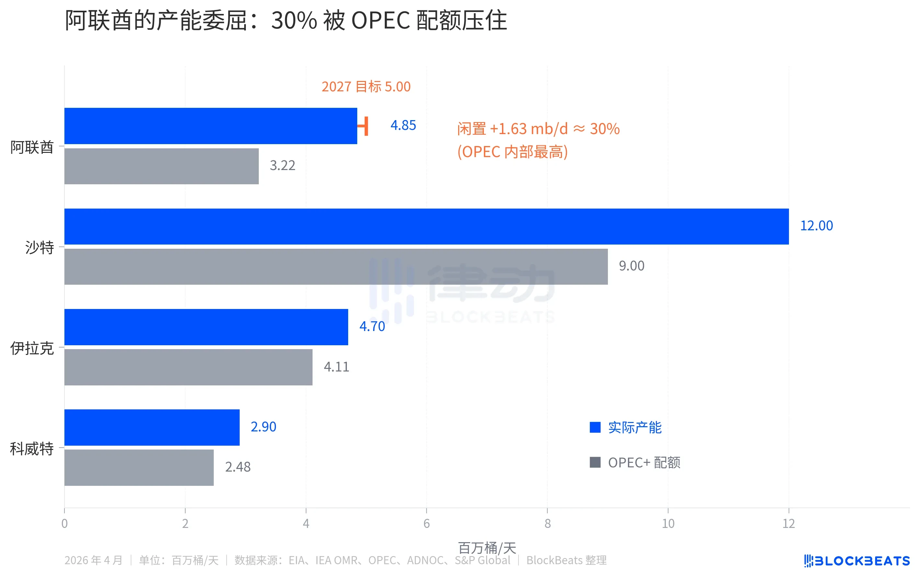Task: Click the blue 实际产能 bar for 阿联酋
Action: click(x=210, y=126)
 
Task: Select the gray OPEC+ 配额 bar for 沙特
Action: click(x=336, y=267)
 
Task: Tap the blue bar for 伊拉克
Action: click(x=206, y=327)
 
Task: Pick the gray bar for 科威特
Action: click(x=139, y=467)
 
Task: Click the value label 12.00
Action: click(x=816, y=226)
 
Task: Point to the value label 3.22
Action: click(x=282, y=166)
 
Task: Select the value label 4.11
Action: click(x=336, y=367)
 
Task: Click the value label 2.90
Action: click(x=263, y=427)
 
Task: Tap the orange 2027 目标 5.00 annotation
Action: click(x=366, y=87)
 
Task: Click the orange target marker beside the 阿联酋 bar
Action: click(x=366, y=126)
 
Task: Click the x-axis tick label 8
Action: click(x=547, y=523)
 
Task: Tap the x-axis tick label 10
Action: click(x=668, y=523)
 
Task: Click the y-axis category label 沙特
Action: click(x=40, y=247)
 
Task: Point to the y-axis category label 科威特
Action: click(x=32, y=449)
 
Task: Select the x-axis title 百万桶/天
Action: click(x=487, y=547)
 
